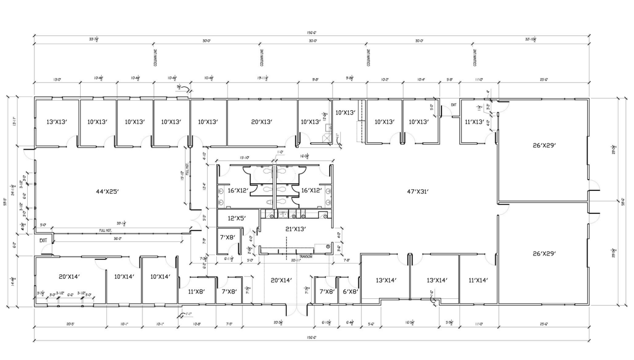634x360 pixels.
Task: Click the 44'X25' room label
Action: pyautogui.click(x=107, y=191)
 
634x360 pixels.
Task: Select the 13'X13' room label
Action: pyautogui.click(x=56, y=121)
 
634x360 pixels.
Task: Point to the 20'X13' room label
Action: pyautogui.click(x=262, y=121)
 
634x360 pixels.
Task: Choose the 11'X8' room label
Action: pyautogui.click(x=196, y=291)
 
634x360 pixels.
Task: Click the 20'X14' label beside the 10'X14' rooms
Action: pyautogui.click(x=69, y=276)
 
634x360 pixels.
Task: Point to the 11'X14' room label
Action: pyautogui.click(x=478, y=280)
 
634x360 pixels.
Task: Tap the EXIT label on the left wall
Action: pyautogui.click(x=43, y=240)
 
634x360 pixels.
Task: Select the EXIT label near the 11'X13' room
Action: pyautogui.click(x=453, y=105)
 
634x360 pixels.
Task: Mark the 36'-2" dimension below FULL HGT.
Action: pyautogui.click(x=117, y=239)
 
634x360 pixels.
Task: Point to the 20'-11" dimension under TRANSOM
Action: pyautogui.click(x=296, y=261)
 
